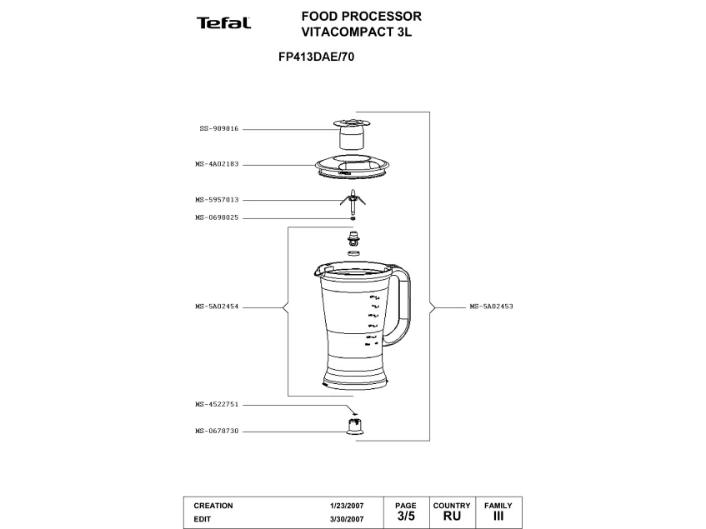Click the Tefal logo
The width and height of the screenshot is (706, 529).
(223, 22)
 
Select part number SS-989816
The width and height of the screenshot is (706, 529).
(218, 129)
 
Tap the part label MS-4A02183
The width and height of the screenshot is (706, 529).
(217, 164)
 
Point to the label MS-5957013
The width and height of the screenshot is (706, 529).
(217, 200)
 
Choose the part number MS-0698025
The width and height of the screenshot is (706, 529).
(217, 217)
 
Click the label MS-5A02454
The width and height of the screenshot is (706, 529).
(217, 307)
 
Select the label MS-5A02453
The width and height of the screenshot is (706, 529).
(491, 307)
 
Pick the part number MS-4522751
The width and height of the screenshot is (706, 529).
(217, 405)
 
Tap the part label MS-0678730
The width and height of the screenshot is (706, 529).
(217, 432)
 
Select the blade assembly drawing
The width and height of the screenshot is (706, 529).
(353, 199)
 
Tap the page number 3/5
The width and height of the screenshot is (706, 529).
(405, 517)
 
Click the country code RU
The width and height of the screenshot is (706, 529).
(451, 517)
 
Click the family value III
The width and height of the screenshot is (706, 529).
(498, 517)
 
